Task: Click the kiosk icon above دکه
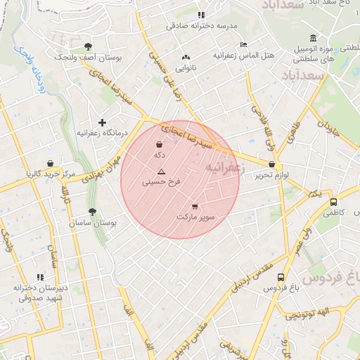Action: [160, 145]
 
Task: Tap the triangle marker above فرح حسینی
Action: [161, 172]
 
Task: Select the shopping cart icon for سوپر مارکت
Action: [195, 207]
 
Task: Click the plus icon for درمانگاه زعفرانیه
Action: [102, 122]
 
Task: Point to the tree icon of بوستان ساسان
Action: [92, 212]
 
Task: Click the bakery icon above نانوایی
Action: [186, 58]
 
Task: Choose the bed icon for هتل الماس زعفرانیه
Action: [243, 45]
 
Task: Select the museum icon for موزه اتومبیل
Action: [313, 38]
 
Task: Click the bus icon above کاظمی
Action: [333, 202]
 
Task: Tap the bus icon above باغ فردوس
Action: [281, 278]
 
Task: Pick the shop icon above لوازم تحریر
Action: [271, 164]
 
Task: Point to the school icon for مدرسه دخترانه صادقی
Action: [201, 15]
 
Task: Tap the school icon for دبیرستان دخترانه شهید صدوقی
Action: [40, 278]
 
